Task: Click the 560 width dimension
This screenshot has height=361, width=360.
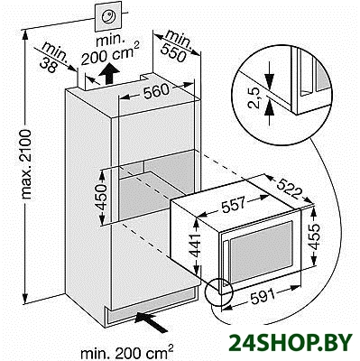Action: [155, 91]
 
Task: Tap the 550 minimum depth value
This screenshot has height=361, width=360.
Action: [173, 52]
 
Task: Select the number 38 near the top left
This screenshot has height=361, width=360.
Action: [48, 66]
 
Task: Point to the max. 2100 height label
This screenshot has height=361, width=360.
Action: [26, 164]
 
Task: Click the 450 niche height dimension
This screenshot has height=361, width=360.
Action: [101, 197]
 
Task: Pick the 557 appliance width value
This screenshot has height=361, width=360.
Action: [234, 204]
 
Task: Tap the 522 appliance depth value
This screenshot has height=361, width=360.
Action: [289, 188]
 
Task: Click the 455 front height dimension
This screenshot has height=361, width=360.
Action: [315, 236]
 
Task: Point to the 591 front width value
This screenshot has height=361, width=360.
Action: [263, 297]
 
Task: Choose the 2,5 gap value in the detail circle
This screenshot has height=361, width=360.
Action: [254, 97]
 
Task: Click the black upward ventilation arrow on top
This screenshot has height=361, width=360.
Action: [109, 74]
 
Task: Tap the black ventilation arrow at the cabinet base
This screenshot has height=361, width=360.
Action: [152, 321]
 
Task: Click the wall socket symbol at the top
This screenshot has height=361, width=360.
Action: [108, 15]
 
